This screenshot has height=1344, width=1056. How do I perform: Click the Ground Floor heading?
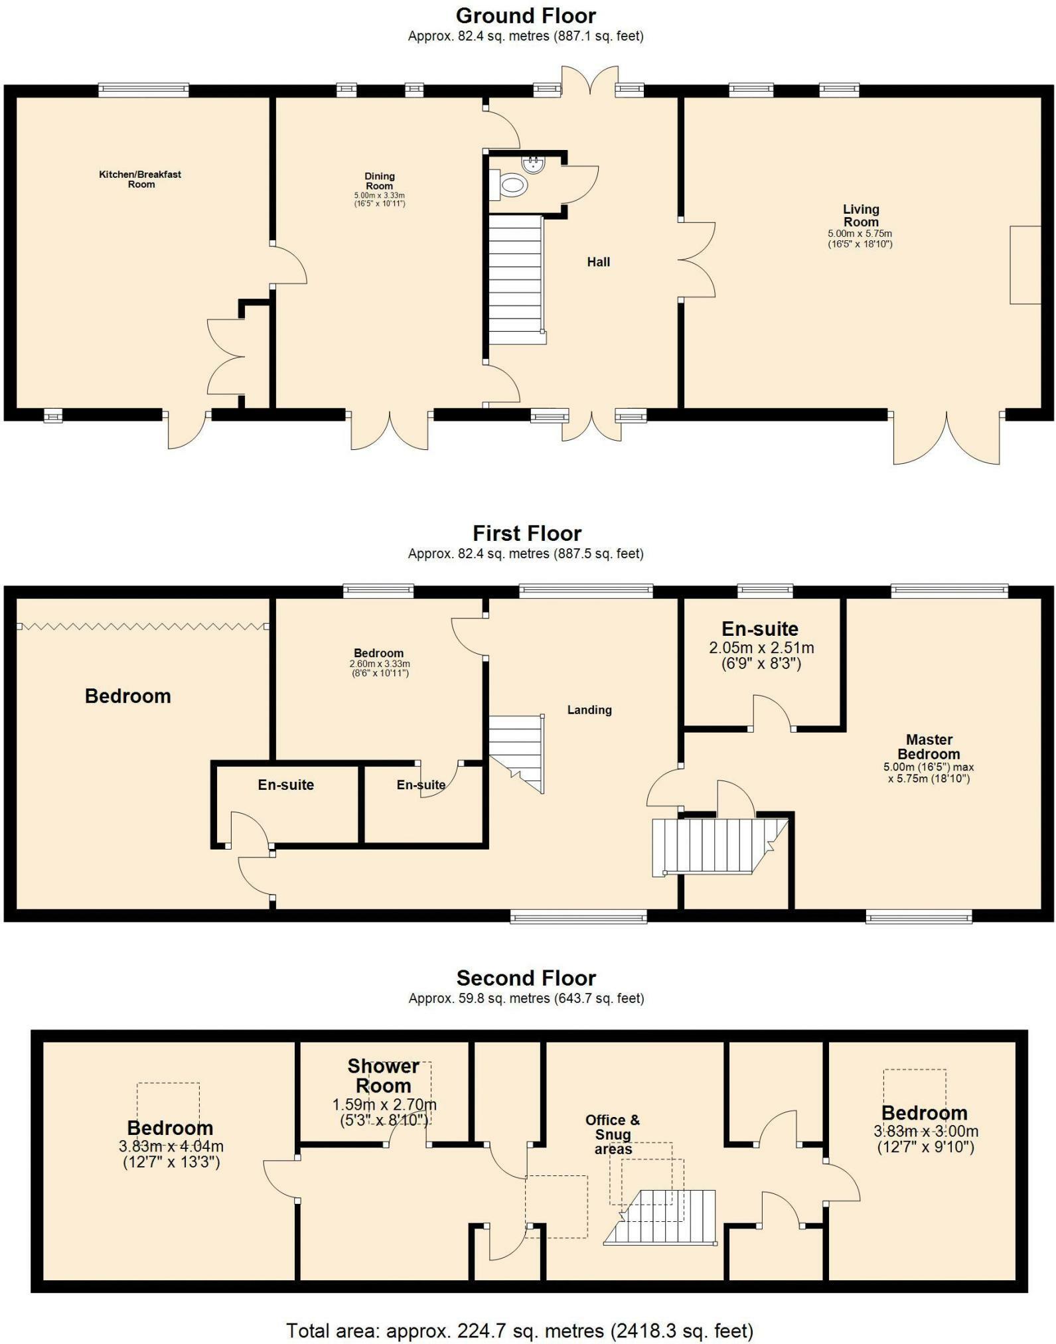[x=526, y=15]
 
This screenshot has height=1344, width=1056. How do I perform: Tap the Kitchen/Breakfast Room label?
[x=140, y=179]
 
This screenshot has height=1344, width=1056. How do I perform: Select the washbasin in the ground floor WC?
[x=533, y=164]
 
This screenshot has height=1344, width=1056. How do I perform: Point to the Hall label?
[x=598, y=262]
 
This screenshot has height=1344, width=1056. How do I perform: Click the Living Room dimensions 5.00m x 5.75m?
[x=860, y=234]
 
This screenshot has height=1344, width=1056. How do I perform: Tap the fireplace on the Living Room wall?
[x=1025, y=265]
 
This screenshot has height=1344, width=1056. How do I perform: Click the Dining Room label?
[x=380, y=181]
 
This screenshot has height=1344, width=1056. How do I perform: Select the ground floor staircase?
[x=517, y=279]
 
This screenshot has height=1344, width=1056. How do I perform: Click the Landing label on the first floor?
[x=589, y=709]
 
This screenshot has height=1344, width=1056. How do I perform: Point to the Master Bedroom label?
[x=929, y=747]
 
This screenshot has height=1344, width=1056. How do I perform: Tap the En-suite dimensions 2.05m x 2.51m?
[x=761, y=648]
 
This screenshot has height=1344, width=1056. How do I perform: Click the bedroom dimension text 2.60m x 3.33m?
[x=380, y=664]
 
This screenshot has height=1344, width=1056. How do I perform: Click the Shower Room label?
[x=384, y=1076]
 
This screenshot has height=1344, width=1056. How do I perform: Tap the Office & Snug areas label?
[x=613, y=1134]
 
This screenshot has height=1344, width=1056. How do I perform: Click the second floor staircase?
[x=660, y=1217]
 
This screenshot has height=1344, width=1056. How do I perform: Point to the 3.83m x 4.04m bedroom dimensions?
[x=171, y=1146]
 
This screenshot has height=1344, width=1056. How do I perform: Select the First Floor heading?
[x=527, y=533]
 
